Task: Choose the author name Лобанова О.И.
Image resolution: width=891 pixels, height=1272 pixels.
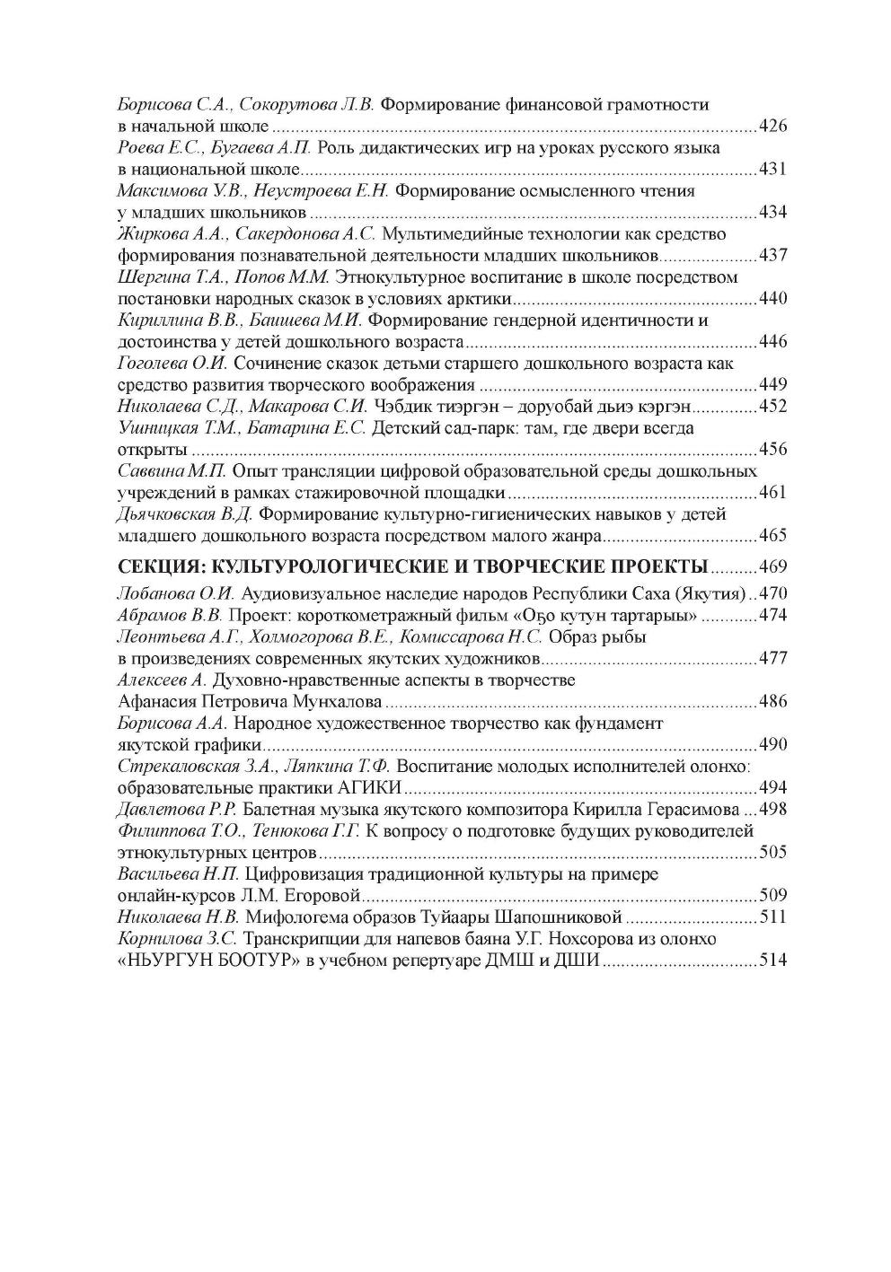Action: coord(176,593)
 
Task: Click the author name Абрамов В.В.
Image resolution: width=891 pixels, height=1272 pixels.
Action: coord(171,615)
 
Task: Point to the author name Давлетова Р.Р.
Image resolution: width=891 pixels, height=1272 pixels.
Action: coord(176,809)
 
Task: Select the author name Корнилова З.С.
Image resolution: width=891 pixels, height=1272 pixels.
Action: coord(177,939)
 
